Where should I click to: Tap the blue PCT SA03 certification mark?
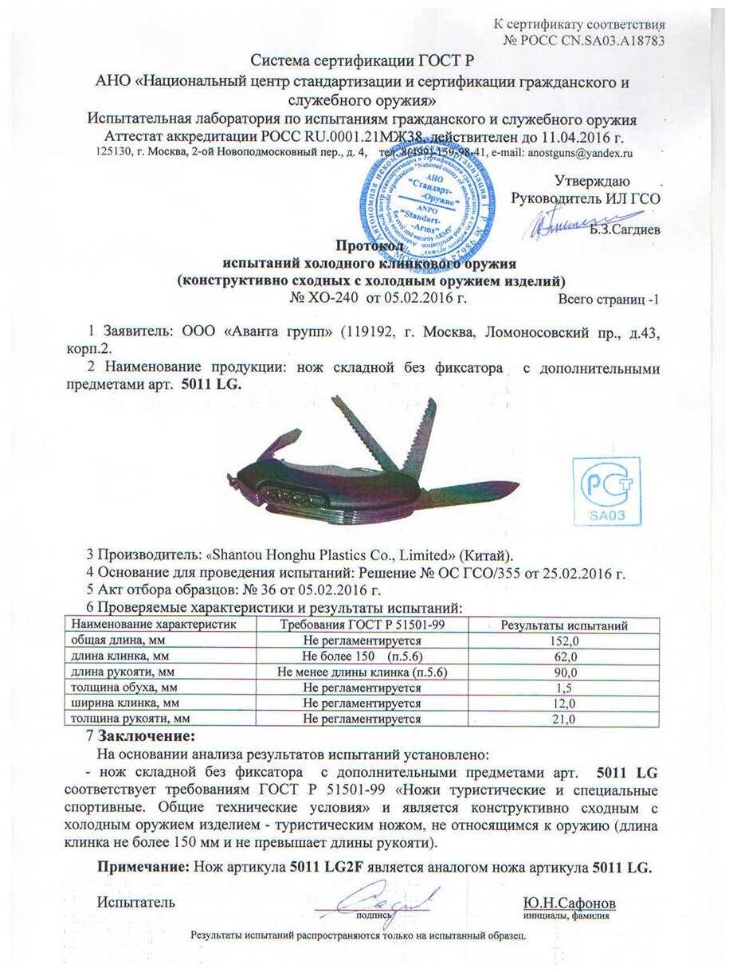pos(610,492)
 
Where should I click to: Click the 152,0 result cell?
pos(562,641)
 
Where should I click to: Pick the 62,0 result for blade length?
pos(562,656)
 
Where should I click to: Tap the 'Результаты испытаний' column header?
pos(562,625)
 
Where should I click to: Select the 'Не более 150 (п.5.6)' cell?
pos(362,656)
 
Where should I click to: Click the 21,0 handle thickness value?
pos(562,719)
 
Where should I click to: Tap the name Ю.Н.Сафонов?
pos(569,903)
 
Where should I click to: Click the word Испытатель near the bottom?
pos(135,903)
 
